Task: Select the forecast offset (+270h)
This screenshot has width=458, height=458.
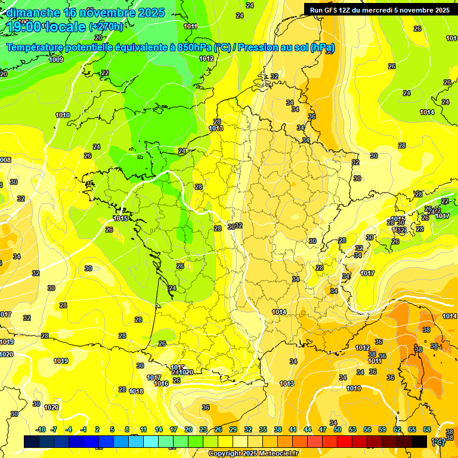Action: click(106, 27)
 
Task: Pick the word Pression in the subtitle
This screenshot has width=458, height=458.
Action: click(259, 47)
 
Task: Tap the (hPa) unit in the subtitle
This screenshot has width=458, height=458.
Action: click(323, 47)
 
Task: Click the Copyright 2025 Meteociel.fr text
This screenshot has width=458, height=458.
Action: click(253, 454)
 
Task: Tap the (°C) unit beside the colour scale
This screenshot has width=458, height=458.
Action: click(438, 442)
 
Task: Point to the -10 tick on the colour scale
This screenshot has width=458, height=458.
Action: click(41, 429)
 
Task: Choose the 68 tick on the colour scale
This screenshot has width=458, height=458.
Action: click(427, 429)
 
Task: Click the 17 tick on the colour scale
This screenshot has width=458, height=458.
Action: click(174, 429)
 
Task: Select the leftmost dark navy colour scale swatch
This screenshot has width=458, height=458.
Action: click(32, 441)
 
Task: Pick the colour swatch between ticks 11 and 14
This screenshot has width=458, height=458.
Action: click(151, 441)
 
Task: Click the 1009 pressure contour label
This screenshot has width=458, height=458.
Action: click(56, 60)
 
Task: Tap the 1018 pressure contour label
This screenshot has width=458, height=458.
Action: click(136, 391)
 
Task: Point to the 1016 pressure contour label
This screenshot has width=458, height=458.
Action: click(161, 383)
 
